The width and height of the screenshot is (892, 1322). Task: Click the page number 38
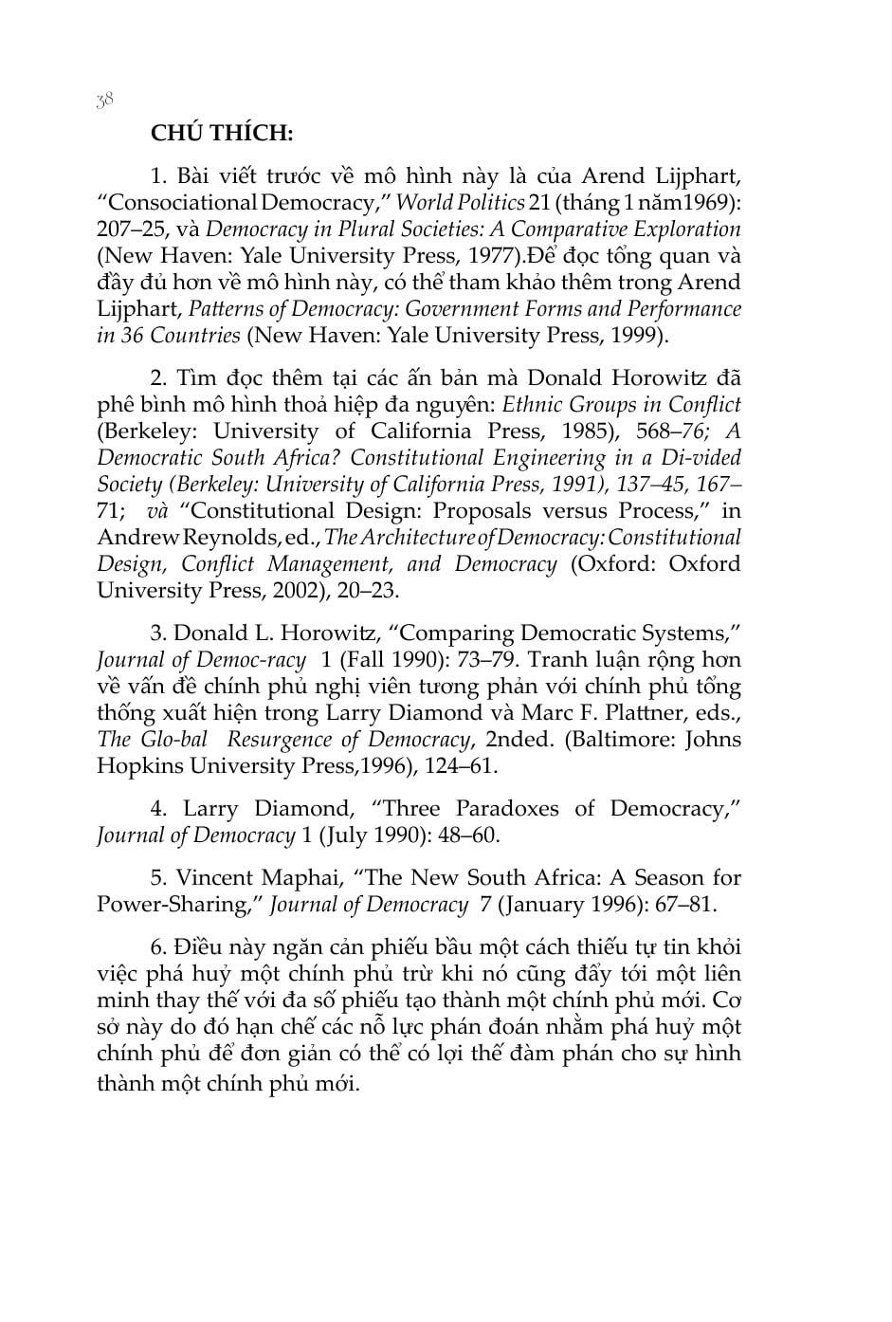[104, 101]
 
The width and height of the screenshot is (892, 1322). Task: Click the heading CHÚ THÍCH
[222, 133]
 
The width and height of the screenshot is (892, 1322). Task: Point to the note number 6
[158, 946]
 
